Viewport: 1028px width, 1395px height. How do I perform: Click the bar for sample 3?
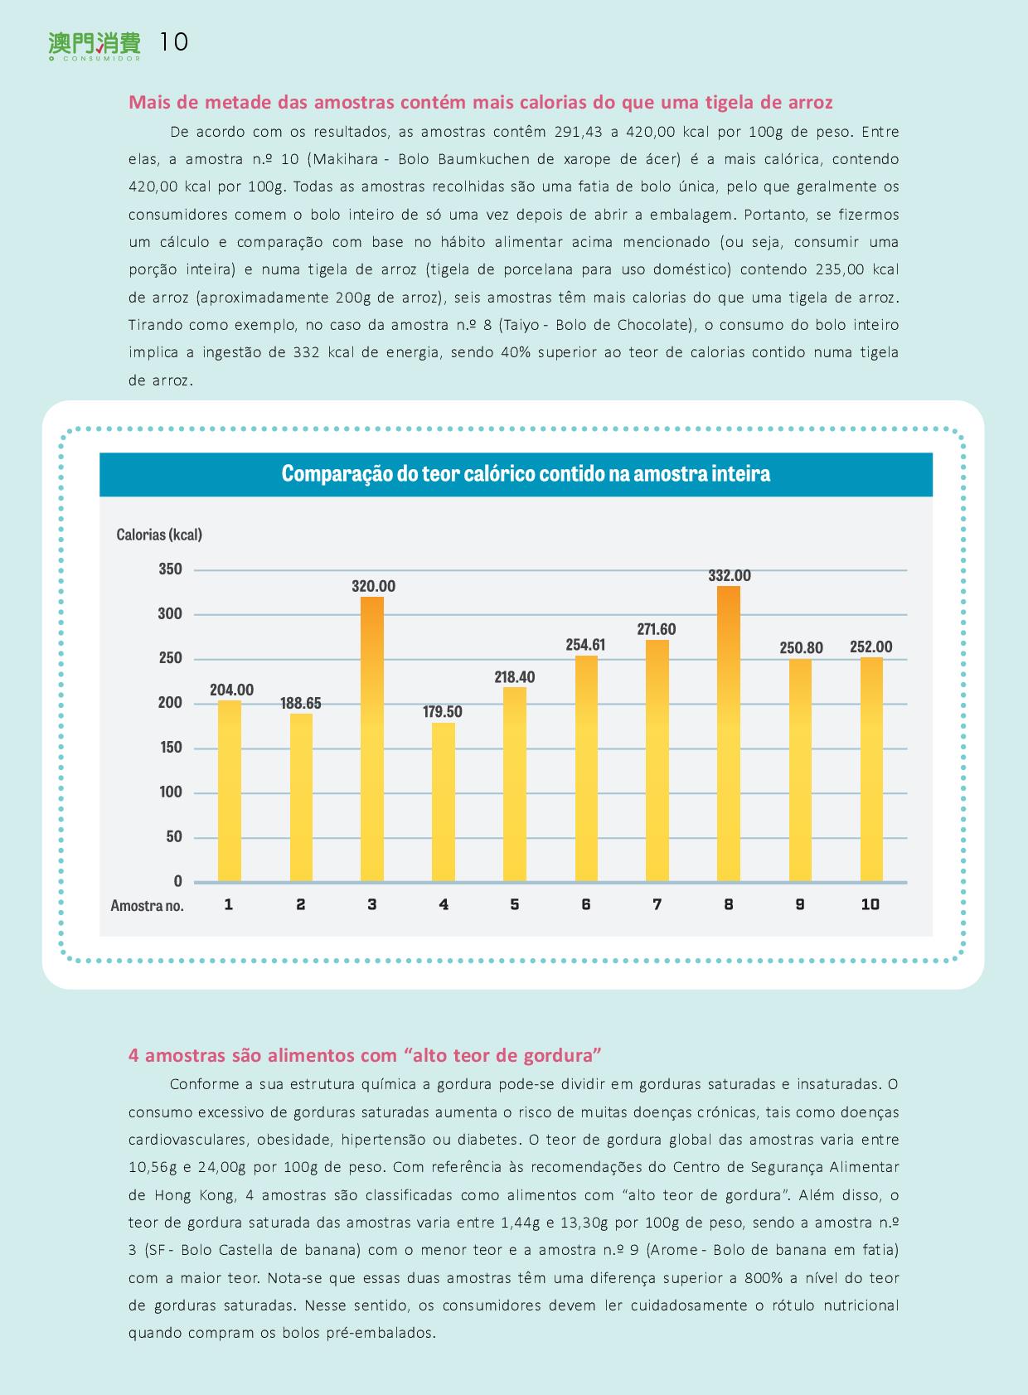tap(372, 739)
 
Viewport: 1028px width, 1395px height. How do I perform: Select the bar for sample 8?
tap(729, 734)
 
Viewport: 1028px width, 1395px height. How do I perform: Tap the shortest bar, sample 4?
tap(443, 802)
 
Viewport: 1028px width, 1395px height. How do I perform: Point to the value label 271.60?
tap(656, 629)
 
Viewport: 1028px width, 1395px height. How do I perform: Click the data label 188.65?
tap(300, 703)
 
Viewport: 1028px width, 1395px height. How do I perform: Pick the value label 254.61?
tap(585, 645)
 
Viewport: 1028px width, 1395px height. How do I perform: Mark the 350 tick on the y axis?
tap(170, 569)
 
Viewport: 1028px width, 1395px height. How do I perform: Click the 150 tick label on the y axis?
tap(170, 747)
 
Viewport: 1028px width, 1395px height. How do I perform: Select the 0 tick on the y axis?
tap(177, 880)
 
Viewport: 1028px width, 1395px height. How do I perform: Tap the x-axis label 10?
tap(870, 904)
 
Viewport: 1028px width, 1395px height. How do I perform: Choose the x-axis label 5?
tap(515, 904)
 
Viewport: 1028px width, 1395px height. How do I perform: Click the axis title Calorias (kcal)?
tap(159, 535)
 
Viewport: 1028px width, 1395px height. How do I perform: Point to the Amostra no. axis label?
tap(147, 905)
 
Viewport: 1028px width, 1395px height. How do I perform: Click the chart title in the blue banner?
tap(526, 473)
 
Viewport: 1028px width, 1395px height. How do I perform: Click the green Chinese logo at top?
tap(95, 45)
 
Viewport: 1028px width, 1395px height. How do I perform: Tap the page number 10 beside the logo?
tap(174, 41)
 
